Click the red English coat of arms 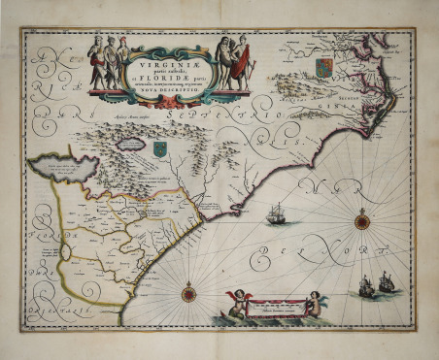tap(326, 67)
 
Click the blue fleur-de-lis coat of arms tap(159, 147)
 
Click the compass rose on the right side tap(361, 220)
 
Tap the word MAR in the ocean tap(334, 186)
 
